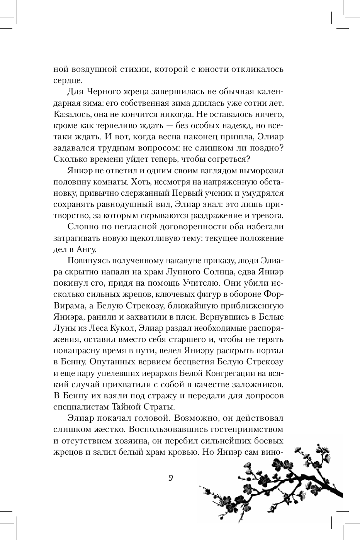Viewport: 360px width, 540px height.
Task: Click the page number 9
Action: (170, 478)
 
